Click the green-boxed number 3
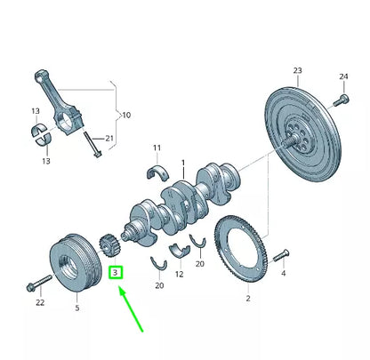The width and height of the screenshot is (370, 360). click(116, 272)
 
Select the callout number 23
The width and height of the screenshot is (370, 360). click(297, 70)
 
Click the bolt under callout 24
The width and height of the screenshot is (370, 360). click(341, 100)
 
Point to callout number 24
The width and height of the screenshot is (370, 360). click(343, 76)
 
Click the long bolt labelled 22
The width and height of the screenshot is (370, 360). click(39, 283)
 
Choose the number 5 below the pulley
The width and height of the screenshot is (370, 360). click(77, 308)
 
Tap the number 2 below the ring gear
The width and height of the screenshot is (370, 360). click(248, 298)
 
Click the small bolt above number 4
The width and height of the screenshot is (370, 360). click(281, 255)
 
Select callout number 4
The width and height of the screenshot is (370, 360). click(283, 273)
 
